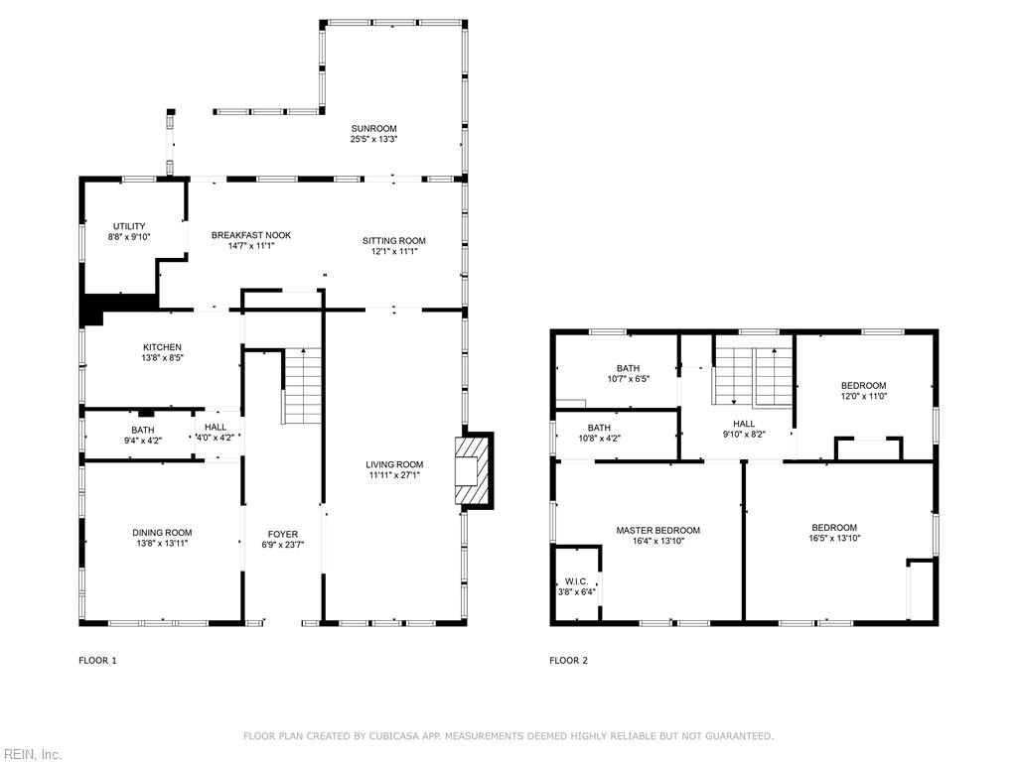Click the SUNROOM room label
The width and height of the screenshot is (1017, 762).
coord(373,128)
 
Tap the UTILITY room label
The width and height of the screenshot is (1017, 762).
coord(129,226)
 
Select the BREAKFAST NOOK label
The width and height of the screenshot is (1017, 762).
coord(251,235)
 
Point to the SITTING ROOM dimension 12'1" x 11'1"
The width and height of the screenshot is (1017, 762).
coord(393,251)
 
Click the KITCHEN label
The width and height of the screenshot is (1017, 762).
coord(162,347)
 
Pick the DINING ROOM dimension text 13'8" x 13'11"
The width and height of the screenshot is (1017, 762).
coord(162,544)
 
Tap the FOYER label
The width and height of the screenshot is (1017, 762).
coord(283,534)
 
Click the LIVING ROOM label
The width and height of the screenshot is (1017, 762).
coord(394,464)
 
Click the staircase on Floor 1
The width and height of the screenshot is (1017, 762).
coord(302,386)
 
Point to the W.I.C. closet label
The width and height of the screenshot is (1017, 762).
coord(577,581)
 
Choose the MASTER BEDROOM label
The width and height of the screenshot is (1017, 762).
coord(658,530)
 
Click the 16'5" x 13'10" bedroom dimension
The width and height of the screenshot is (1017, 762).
coord(834,538)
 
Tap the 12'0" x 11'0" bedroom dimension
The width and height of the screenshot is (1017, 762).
coord(863,396)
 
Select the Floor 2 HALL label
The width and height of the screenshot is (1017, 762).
coord(744,424)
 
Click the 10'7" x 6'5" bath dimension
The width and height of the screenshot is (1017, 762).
coord(628,379)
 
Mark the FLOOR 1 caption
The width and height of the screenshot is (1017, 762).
coord(98,660)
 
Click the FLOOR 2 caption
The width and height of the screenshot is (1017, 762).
coord(568,660)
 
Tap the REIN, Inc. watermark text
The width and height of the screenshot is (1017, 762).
coord(31,754)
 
